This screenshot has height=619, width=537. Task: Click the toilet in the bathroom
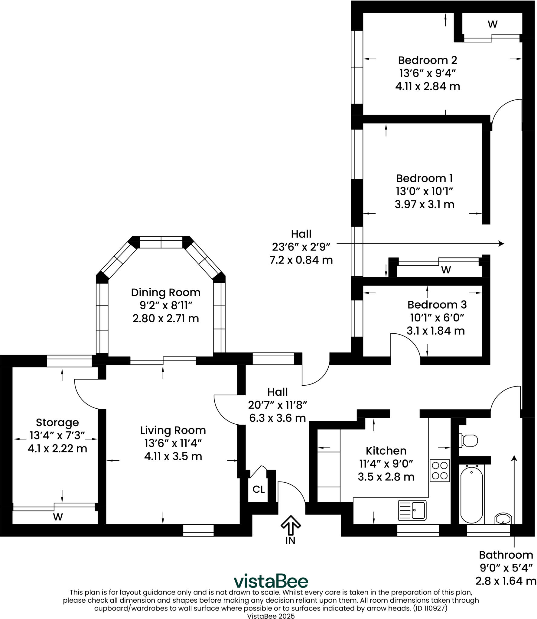[469, 440]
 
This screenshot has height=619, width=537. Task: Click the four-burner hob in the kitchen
[440, 471]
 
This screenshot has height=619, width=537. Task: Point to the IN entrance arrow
[291, 525]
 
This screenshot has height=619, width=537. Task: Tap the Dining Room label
[166, 292]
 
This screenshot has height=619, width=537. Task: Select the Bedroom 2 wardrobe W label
[493, 24]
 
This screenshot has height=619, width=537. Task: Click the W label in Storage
[58, 517]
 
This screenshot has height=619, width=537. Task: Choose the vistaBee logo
[271, 581]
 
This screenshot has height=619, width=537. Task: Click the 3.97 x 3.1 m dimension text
[424, 205]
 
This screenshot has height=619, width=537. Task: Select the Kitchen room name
[386, 451]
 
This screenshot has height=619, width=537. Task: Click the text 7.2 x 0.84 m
[301, 260]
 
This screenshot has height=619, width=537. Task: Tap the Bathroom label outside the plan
[506, 555]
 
